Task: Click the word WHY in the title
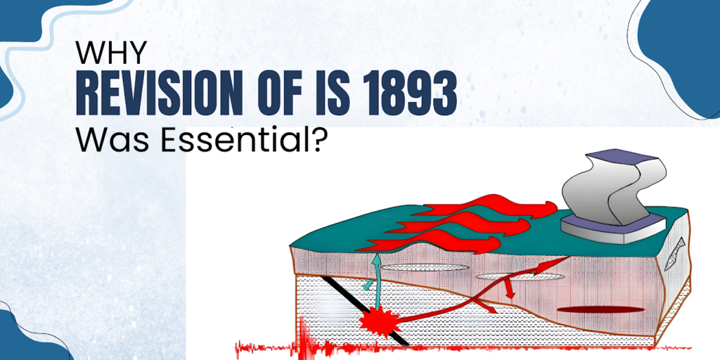pos(111,53)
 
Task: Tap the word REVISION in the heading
pos(158,97)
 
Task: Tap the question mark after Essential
pos(322,139)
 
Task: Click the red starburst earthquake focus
pos(380,321)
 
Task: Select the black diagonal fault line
pos(365,310)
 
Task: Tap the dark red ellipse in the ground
pos(600,309)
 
